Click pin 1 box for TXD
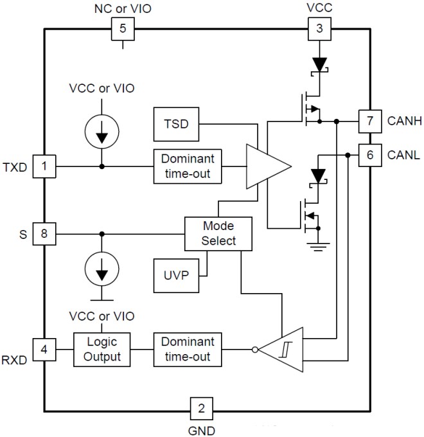pos(44,168)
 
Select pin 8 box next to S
pos(44,234)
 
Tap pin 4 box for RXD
pos(44,350)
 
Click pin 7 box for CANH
pos(369,120)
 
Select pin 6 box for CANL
pos(369,155)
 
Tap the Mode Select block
pos(218,234)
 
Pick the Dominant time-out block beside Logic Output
pos(187,350)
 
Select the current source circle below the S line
pos(101,273)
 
